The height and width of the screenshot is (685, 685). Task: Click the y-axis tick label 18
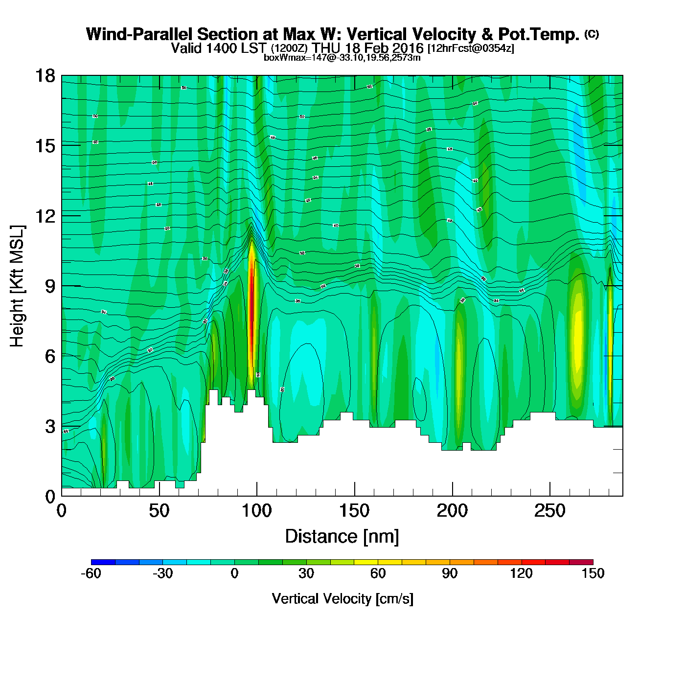(x=45, y=76)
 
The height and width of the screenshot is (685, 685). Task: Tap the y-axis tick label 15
(x=45, y=146)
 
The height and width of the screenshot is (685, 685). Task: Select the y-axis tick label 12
(x=45, y=216)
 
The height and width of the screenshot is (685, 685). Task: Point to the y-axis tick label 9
(x=50, y=286)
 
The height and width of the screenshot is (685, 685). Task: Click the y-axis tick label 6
(x=50, y=356)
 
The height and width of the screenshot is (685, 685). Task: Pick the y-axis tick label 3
(x=50, y=426)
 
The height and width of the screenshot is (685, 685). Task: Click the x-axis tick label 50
(x=159, y=511)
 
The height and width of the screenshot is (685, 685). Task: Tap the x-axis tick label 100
(x=257, y=511)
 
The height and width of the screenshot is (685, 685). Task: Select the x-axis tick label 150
(x=354, y=511)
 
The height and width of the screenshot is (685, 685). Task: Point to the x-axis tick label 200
(x=452, y=511)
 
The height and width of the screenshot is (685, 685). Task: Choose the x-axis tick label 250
(x=550, y=511)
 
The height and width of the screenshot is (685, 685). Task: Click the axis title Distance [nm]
(x=342, y=536)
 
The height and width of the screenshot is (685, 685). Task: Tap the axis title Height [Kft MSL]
(x=17, y=286)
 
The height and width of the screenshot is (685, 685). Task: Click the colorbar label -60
(x=91, y=573)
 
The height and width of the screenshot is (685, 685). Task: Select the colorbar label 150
(x=593, y=573)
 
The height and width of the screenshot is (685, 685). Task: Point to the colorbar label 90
(x=450, y=573)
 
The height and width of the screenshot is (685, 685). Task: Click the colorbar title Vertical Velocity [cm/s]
(x=342, y=598)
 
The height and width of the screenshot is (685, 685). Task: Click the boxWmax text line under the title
(x=342, y=58)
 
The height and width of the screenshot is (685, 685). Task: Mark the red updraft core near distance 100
(x=252, y=313)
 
